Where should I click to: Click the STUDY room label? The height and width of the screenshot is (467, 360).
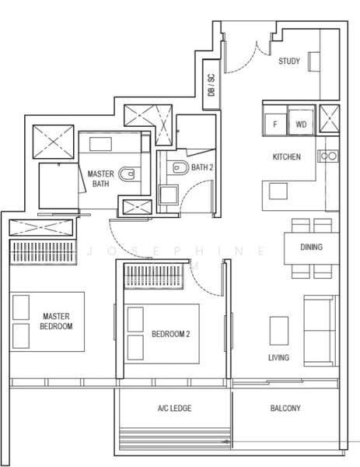pos(289,61)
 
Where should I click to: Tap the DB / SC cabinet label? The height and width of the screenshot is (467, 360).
pos(211,85)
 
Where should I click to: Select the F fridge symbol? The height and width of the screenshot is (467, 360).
pos(275,124)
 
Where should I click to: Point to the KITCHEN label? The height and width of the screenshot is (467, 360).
pos(286,156)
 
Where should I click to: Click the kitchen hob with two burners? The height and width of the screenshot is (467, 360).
pos(328,156)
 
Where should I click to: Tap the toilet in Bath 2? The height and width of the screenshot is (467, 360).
pos(180,167)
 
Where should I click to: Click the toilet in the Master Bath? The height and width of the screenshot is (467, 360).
pos(127,174)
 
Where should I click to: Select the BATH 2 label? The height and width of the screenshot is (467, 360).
pos(202,167)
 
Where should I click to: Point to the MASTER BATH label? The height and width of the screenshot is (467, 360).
pos(101,179)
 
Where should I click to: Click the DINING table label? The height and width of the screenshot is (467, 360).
pos(312,247)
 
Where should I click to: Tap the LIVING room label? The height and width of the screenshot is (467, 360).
pos(278,357)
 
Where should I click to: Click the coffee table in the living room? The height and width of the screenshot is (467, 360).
pos(279,331)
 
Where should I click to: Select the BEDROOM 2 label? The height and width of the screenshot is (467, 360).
pos(171,334)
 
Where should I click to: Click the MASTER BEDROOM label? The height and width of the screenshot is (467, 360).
pos(56,321)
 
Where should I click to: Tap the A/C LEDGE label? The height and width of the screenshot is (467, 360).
pos(175,408)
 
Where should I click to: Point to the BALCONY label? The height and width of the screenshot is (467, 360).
pos(285,408)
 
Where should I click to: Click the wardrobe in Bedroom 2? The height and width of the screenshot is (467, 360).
pos(153,276)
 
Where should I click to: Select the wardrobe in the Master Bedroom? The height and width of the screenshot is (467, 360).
pos(43,252)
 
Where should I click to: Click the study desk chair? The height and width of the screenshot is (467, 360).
pos(314,61)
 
